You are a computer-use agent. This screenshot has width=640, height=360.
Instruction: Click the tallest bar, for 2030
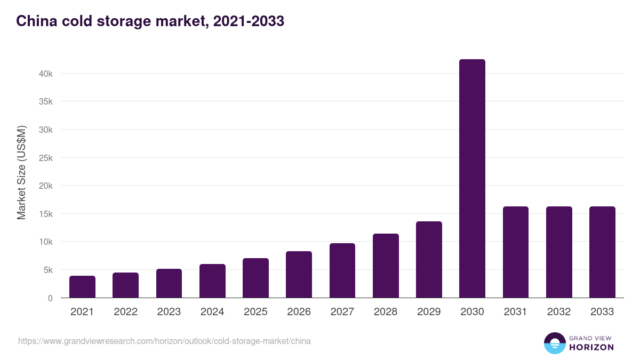(x=472, y=179)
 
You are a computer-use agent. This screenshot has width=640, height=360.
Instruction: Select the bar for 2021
(x=82, y=287)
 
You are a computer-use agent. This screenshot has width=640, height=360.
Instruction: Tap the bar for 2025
(x=255, y=278)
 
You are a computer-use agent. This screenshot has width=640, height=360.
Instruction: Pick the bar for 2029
(x=429, y=260)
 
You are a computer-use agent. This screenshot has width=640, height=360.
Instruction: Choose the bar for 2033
(x=602, y=252)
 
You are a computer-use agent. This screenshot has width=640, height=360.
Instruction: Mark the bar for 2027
(x=342, y=270)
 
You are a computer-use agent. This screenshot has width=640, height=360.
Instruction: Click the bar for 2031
(x=515, y=252)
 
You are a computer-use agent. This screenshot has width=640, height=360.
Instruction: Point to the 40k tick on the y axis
(x=46, y=74)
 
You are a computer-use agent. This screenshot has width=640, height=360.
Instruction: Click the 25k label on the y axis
(x=46, y=158)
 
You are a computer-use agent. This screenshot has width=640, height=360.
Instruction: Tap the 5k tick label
(x=48, y=270)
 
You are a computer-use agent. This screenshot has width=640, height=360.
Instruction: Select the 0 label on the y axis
(x=50, y=298)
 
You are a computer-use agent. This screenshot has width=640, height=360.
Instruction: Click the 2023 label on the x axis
(x=169, y=312)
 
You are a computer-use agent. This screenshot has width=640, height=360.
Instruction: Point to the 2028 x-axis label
(x=386, y=312)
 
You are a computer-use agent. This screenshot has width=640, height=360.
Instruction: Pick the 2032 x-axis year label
(x=559, y=312)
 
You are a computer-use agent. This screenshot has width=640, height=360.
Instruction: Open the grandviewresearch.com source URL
(x=164, y=341)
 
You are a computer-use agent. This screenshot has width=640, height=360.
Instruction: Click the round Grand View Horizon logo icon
(x=554, y=343)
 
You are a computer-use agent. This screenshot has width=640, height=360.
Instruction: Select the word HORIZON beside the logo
(x=591, y=347)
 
